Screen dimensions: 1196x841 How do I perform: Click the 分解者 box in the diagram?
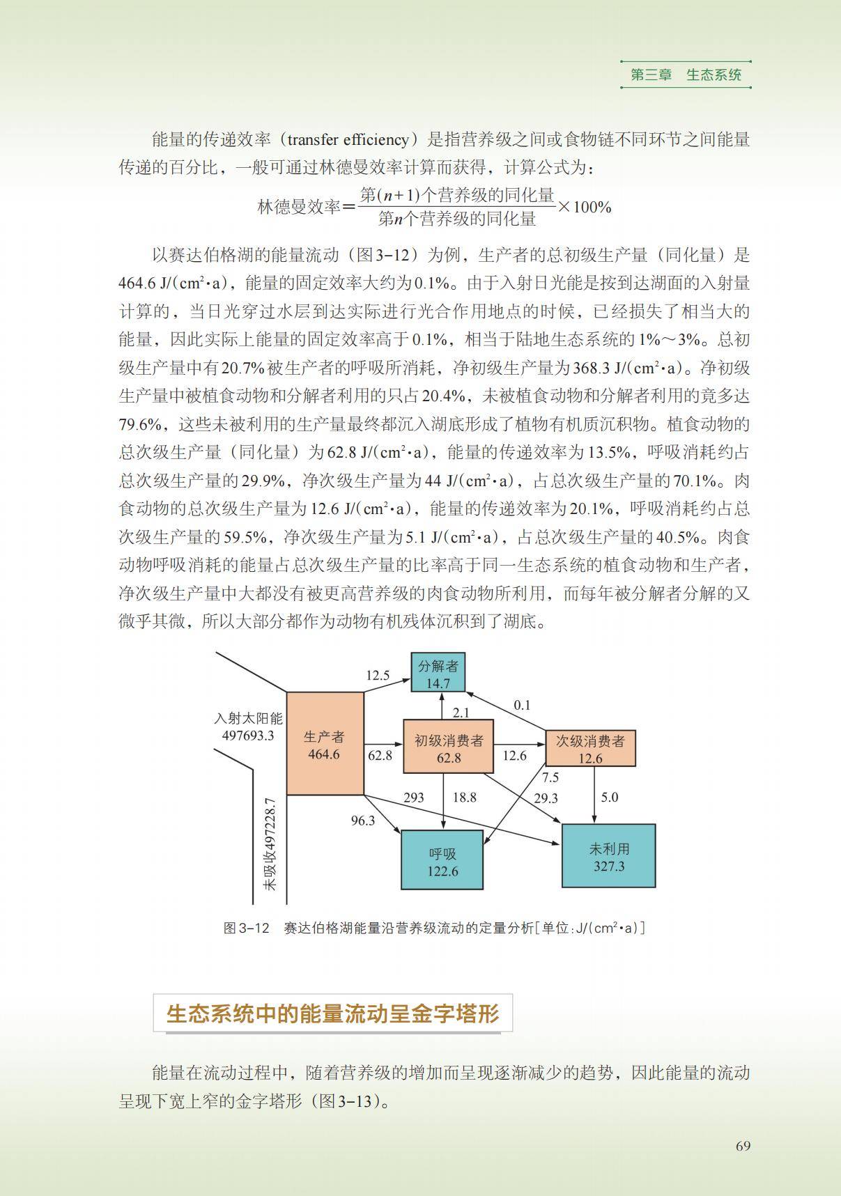click(438, 674)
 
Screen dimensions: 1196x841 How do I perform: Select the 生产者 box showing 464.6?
click(325, 743)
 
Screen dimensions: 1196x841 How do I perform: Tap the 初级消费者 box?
click(448, 747)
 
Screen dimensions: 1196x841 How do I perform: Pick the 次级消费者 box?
click(590, 748)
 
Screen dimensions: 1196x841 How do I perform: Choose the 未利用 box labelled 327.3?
click(608, 856)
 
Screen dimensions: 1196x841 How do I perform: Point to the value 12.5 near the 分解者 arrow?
click(378, 675)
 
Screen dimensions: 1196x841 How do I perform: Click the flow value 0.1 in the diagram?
click(522, 705)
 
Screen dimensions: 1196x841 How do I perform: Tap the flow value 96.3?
click(362, 821)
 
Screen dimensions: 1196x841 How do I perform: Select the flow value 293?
click(413, 798)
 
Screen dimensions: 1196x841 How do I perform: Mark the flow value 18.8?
click(465, 798)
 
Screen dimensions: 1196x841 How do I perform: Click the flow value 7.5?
click(550, 777)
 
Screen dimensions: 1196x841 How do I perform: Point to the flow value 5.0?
click(609, 797)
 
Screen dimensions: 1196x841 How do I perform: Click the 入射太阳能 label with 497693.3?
click(248, 727)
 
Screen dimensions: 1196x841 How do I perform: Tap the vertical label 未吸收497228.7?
click(270, 844)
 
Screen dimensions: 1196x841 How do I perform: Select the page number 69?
click(743, 1146)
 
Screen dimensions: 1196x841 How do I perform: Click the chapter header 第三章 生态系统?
click(686, 75)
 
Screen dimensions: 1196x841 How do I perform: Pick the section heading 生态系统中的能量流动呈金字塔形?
click(332, 1013)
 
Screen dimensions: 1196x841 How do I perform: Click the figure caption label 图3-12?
click(246, 928)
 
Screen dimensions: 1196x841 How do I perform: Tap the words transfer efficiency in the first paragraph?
click(348, 139)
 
